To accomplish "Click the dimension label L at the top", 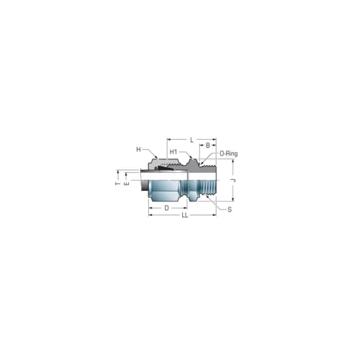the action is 192,140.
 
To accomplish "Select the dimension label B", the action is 208,145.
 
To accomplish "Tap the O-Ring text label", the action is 229,153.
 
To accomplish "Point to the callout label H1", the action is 174,152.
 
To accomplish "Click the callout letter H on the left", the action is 138,150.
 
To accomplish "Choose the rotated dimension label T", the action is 117,184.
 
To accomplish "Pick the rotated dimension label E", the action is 127,184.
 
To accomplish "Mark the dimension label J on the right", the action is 235,181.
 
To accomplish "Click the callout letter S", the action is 230,210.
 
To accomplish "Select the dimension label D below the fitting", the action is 166,208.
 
